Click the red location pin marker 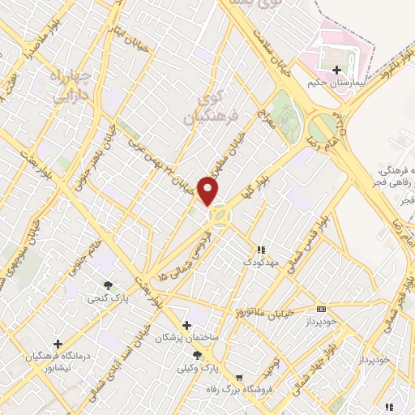(209, 191)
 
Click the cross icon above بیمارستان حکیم (337, 69)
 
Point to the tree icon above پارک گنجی (108, 285)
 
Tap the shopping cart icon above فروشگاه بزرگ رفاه (239, 378)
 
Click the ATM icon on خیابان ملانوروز (322, 309)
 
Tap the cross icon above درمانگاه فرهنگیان (57, 344)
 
